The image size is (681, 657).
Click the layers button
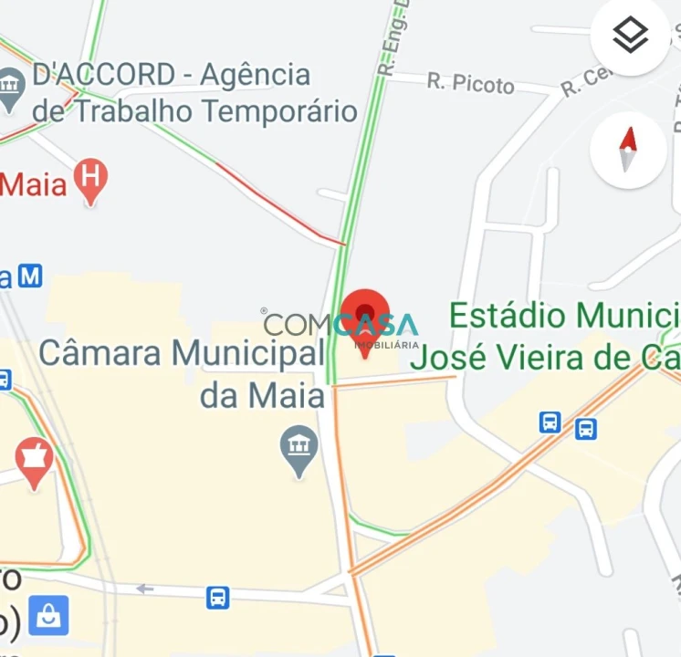pos(630,36)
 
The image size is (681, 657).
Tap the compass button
pos(628,150)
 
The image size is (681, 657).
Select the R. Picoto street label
pos(470,84)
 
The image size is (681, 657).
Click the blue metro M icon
pos(31,275)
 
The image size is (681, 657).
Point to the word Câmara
pos(101,352)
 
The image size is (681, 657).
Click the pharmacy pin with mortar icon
pos(34,460)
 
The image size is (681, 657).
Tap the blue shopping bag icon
pos(48,616)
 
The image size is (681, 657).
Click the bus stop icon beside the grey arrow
pos(217,598)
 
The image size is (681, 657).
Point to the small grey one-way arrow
pos(144,589)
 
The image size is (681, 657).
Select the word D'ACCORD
pos(102,74)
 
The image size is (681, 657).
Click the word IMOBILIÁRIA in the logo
pos(386,345)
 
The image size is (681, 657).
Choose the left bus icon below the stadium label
pos(550,422)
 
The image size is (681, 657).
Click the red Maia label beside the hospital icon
pos(35,184)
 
